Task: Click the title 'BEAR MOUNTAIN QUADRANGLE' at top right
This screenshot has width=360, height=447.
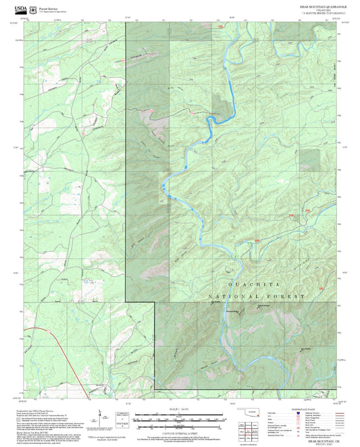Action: coord(319,5)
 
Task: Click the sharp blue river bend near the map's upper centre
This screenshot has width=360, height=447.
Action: coord(211,122)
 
